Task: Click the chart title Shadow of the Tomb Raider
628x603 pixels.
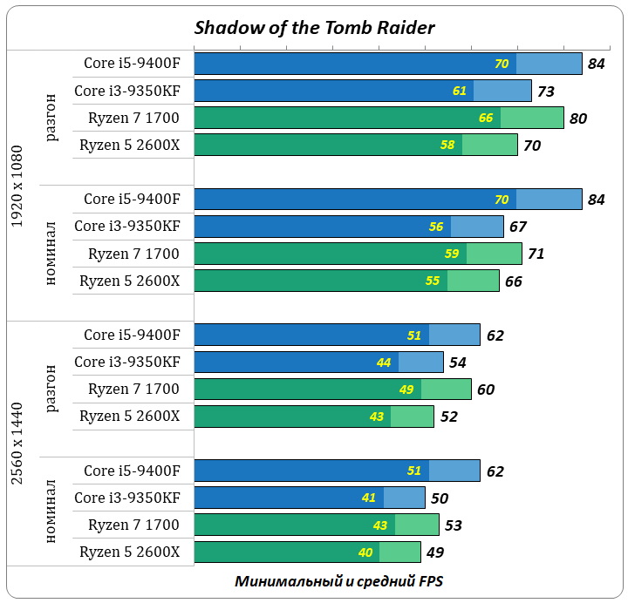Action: click(x=314, y=27)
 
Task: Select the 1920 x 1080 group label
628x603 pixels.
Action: click(x=18, y=186)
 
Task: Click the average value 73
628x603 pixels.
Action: click(x=546, y=91)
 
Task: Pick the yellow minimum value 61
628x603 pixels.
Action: click(x=460, y=91)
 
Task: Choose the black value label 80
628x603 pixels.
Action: click(x=578, y=119)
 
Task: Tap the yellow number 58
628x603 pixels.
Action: click(x=447, y=145)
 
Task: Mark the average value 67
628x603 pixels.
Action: click(x=518, y=227)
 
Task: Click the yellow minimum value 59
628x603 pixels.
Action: click(x=453, y=254)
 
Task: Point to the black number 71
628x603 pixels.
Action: click(x=536, y=254)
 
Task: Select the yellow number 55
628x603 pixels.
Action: click(x=433, y=281)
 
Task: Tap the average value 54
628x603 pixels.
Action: click(x=458, y=362)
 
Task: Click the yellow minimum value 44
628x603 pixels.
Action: click(x=384, y=362)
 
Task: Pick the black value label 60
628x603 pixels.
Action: click(x=486, y=390)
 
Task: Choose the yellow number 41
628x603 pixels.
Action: click(x=368, y=498)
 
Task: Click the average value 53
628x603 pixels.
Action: click(x=453, y=525)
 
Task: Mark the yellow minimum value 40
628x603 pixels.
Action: click(x=365, y=552)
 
